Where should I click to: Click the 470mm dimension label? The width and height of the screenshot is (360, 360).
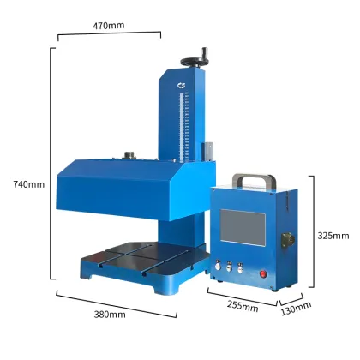pyautogui.click(x=108, y=26)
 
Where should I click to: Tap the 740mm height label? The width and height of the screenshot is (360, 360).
pyautogui.click(x=28, y=184)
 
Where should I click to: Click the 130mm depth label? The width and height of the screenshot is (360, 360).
pyautogui.click(x=296, y=307)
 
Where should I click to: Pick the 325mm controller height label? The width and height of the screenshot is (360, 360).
pyautogui.click(x=333, y=235)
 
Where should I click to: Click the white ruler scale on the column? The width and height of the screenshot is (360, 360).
pyautogui.click(x=183, y=125)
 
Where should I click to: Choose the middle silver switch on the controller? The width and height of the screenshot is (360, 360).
pyautogui.click(x=232, y=265)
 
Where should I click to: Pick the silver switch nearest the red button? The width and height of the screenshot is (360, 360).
pyautogui.click(x=243, y=265)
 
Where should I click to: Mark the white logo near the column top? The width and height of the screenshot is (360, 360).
pyautogui.click(x=182, y=85)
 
